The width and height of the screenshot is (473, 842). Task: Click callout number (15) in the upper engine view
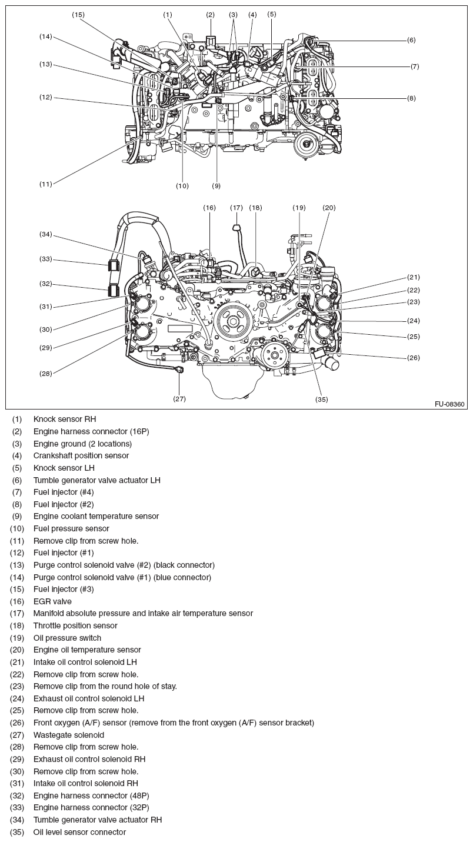pyautogui.click(x=78, y=14)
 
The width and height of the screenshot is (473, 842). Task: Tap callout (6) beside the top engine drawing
pyautogui.click(x=411, y=40)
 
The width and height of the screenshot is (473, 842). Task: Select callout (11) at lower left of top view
pyautogui.click(x=46, y=184)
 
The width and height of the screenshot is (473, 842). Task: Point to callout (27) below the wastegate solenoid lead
pyautogui.click(x=179, y=398)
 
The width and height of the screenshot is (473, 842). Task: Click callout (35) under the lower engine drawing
pyautogui.click(x=321, y=400)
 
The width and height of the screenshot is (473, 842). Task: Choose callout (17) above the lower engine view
pyautogui.click(x=236, y=208)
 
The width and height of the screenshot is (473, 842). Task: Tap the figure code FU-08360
pyautogui.click(x=449, y=404)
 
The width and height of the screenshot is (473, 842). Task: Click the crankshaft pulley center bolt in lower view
pyautogui.click(x=234, y=322)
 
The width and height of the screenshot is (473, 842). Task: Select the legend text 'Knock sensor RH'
pyautogui.click(x=64, y=420)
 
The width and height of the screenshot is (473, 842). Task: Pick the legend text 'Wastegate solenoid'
pyautogui.click(x=68, y=735)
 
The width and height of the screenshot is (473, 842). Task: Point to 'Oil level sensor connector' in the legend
pyautogui.click(x=79, y=832)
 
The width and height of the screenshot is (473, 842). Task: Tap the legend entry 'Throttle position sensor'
pyautogui.click(x=75, y=625)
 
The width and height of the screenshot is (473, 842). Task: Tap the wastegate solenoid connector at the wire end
pyautogui.click(x=180, y=370)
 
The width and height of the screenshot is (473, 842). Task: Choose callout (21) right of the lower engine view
pyautogui.click(x=414, y=277)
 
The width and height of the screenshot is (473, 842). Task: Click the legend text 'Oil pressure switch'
pyautogui.click(x=67, y=638)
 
